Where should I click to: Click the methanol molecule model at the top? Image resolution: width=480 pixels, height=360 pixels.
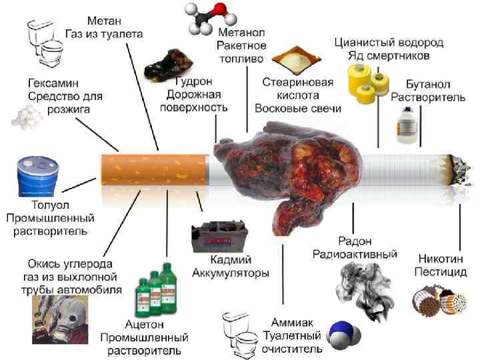207,15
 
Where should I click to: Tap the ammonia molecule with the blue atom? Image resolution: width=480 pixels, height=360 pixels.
344,331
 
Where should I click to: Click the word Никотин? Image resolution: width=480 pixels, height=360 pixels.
441,257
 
